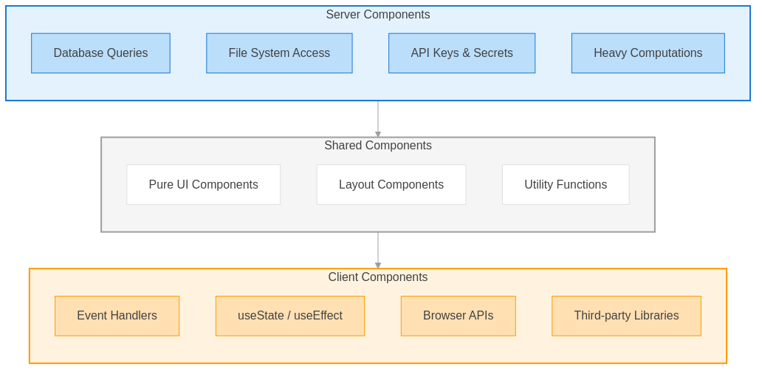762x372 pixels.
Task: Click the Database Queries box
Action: [100, 53]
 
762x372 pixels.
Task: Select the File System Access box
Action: [279, 53]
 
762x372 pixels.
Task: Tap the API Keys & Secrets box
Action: [461, 53]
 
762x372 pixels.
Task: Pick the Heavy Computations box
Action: [648, 53]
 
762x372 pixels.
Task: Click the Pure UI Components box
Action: [203, 185]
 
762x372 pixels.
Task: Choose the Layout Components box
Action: [391, 185]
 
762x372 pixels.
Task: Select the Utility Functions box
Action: [566, 185]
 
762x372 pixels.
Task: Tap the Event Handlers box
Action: [117, 316]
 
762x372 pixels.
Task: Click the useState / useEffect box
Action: [289, 316]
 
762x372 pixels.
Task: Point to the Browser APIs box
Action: [458, 316]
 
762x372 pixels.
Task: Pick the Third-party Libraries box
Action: [626, 316]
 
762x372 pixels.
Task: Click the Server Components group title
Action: [377, 15]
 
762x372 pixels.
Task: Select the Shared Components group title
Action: [377, 146]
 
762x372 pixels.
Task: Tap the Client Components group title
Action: [377, 277]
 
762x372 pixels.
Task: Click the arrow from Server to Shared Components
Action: [378, 119]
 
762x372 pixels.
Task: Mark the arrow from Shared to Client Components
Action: [378, 250]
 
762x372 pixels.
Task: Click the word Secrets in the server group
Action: [492, 53]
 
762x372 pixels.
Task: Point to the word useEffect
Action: [318, 316]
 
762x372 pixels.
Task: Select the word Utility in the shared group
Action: [539, 185]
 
